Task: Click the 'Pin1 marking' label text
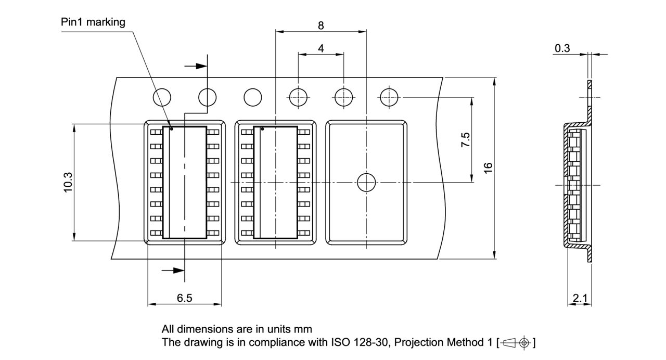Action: click(93, 22)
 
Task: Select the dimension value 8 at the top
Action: click(321, 24)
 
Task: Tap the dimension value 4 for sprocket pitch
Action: click(321, 48)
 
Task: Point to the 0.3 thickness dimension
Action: click(562, 48)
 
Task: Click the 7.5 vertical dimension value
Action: click(465, 140)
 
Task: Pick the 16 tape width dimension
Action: click(488, 168)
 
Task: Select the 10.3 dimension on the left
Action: click(68, 182)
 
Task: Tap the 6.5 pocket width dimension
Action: click(184, 298)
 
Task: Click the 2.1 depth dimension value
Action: click(579, 298)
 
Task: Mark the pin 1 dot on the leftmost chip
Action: click(171, 128)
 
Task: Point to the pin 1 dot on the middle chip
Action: click(262, 128)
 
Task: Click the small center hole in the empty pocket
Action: click(366, 182)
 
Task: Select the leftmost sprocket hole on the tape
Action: click(162, 97)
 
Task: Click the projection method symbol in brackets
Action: click(516, 343)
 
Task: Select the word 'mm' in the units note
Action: click(303, 329)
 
